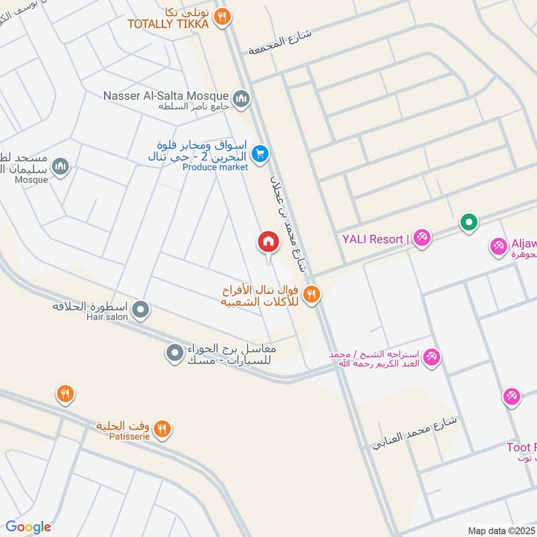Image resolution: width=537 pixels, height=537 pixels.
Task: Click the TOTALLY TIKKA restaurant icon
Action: point(222,17)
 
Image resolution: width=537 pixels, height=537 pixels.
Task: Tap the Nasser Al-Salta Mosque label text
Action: point(166,96)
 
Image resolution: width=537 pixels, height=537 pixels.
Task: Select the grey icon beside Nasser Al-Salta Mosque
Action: point(242,100)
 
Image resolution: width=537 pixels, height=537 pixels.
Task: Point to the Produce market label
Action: point(215,167)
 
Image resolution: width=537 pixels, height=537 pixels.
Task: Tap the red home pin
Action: point(268,242)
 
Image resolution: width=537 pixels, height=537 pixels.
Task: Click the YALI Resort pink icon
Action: point(422,238)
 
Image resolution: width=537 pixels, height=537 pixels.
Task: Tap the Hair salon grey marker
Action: point(140,310)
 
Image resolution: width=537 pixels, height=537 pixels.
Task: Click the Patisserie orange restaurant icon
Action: point(162,428)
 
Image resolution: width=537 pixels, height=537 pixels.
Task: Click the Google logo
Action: point(28,527)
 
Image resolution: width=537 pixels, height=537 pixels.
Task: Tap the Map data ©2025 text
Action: point(500,530)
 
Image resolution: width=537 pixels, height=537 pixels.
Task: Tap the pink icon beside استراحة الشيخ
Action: point(432,356)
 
